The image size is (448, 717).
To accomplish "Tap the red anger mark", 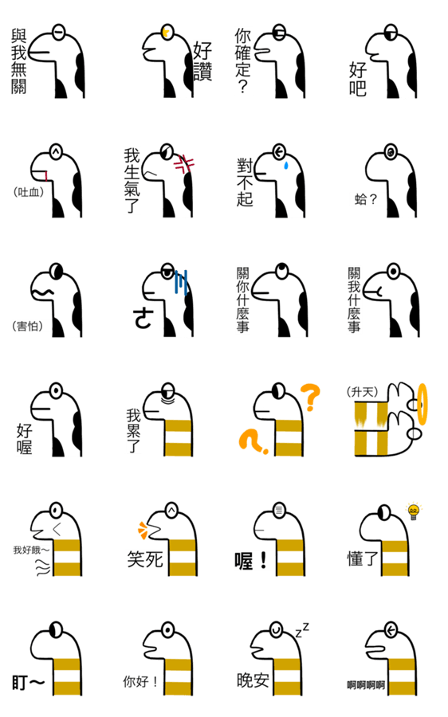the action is point(185,164).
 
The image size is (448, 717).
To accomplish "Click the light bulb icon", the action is point(413,511).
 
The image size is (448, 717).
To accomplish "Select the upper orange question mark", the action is point(310,397).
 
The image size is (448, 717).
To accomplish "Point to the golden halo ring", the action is point(422,404).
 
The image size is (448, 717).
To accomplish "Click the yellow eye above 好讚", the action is point(167,32).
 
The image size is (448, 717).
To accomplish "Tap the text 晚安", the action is point(253,680).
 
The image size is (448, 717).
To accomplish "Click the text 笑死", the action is point(145,558).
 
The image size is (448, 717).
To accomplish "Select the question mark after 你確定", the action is point(243,86).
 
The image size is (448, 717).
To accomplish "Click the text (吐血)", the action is point(29,192).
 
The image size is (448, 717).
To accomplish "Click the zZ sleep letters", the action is point(302,631).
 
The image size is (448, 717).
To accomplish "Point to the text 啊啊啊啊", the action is point(366,684).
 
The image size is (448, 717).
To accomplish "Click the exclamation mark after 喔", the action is point(263,560).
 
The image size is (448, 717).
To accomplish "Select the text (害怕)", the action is point(27,326).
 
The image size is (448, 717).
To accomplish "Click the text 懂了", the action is point(363,558).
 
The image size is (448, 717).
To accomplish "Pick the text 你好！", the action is point(140,682).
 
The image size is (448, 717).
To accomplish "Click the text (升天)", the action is point(363,391).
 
